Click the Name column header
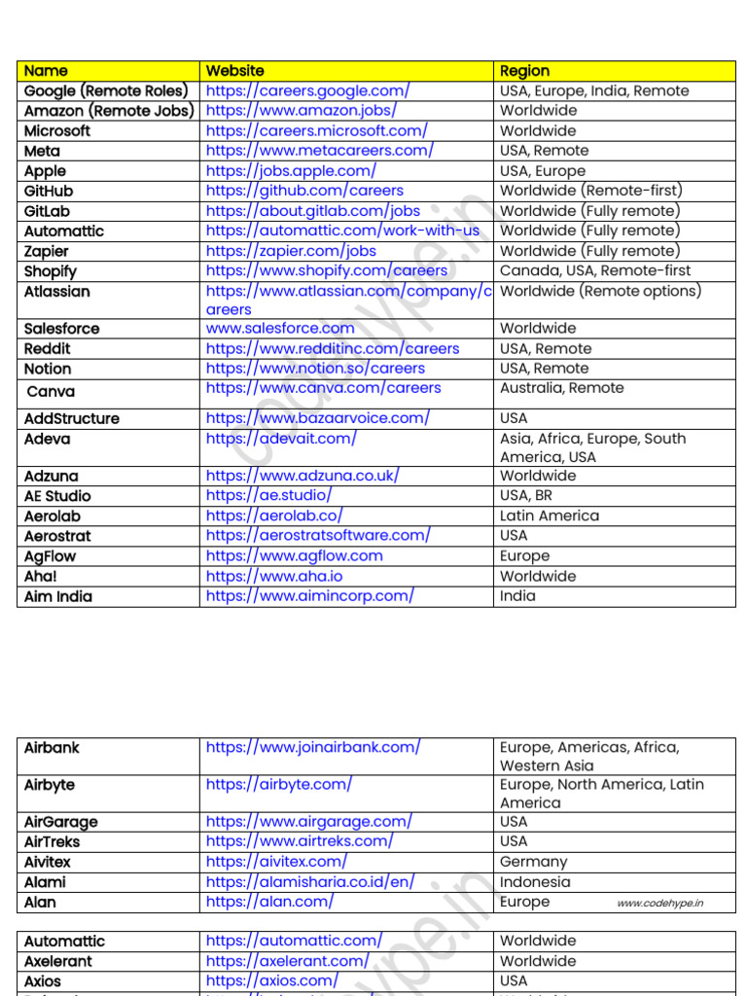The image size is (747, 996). pyautogui.click(x=46, y=70)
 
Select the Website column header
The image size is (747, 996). pyautogui.click(x=234, y=70)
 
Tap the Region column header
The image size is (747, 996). pyautogui.click(x=524, y=70)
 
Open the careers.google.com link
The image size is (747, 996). pyautogui.click(x=307, y=90)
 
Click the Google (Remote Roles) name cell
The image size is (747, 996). pyautogui.click(x=105, y=90)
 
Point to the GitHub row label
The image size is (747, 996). pyautogui.click(x=49, y=191)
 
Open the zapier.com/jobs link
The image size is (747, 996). pyautogui.click(x=291, y=251)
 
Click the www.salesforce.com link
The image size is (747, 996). pyautogui.click(x=280, y=328)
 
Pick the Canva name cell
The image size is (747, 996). pyautogui.click(x=51, y=391)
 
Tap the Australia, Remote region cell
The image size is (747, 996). pyautogui.click(x=561, y=387)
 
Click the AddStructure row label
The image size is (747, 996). pyautogui.click(x=72, y=418)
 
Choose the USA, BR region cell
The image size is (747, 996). pyautogui.click(x=526, y=495)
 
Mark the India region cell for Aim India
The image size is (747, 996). pyautogui.click(x=517, y=595)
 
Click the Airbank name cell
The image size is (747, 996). pyautogui.click(x=52, y=747)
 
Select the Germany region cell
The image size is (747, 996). pyautogui.click(x=533, y=862)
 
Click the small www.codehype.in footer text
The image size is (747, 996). pyautogui.click(x=659, y=904)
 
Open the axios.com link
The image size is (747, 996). pyautogui.click(x=272, y=980)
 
